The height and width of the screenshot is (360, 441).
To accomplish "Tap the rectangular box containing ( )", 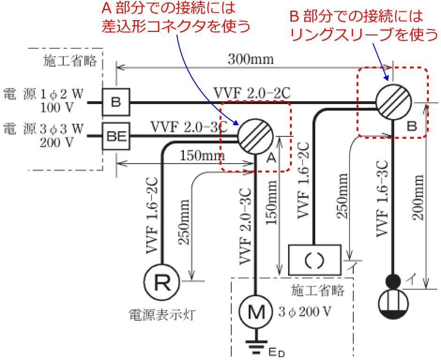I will point(314,260).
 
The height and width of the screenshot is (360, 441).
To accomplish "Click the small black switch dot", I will point(393,281).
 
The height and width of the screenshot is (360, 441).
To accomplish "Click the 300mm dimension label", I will point(251,60).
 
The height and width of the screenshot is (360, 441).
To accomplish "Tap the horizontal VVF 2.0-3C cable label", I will point(189,127).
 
